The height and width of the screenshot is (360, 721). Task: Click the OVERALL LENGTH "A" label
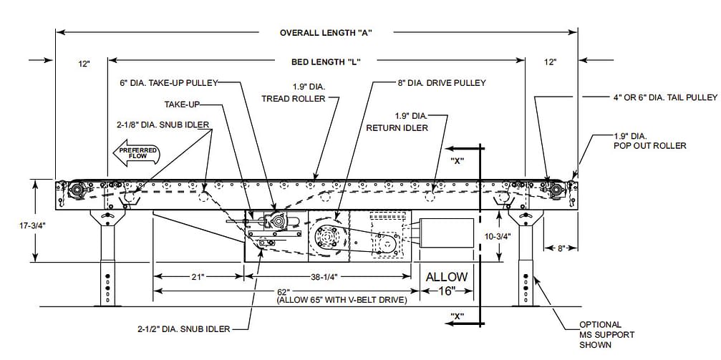click(326, 32)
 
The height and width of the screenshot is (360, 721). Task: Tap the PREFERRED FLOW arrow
click(135, 153)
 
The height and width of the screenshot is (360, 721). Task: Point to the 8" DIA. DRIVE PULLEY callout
click(441, 83)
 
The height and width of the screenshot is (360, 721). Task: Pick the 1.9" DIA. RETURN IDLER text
click(397, 122)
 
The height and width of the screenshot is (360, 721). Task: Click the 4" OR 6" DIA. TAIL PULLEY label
click(650, 97)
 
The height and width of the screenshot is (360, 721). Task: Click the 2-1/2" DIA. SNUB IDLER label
click(184, 329)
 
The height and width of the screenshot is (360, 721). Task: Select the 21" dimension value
click(198, 276)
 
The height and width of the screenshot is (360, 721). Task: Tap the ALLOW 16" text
click(447, 283)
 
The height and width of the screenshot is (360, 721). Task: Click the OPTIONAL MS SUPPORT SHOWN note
click(606, 335)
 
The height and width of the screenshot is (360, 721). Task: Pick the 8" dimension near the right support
click(562, 248)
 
